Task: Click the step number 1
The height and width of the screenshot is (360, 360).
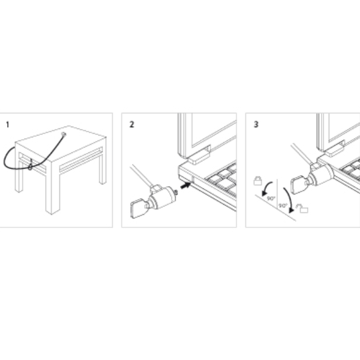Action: point(8,125)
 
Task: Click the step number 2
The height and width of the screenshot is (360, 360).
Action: point(131,124)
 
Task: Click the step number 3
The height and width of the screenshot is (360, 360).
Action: point(256,124)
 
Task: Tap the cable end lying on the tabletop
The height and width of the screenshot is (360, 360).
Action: point(64,134)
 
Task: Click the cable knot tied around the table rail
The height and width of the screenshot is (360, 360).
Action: point(30,167)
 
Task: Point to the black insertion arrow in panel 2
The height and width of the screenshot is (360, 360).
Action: point(186,185)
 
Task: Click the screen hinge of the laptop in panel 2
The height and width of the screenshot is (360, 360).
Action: point(199,155)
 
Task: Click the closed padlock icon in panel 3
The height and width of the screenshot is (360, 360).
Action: point(258,181)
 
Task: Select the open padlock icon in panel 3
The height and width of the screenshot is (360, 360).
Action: point(303,208)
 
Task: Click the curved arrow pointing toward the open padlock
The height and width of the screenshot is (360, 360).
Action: point(290,200)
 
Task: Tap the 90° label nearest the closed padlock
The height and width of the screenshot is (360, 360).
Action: point(271,198)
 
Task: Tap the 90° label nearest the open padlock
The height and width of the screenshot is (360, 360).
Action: point(283,205)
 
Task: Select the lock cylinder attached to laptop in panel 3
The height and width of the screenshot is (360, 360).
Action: point(322,175)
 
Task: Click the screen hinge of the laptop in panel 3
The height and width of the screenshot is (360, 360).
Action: point(334,149)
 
